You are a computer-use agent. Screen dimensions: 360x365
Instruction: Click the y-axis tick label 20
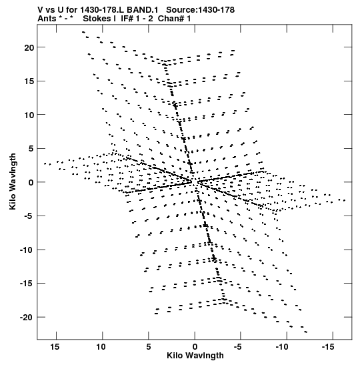(29, 47)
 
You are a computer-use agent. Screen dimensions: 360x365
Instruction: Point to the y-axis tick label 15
(29, 81)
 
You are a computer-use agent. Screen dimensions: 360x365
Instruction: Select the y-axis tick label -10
(27, 250)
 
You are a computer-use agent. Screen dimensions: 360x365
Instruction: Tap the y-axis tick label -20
(27, 318)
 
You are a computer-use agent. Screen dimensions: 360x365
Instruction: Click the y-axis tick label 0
(31, 183)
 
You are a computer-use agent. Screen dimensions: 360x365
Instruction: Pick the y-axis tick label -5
(29, 216)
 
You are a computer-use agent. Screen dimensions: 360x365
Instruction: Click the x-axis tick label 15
(55, 347)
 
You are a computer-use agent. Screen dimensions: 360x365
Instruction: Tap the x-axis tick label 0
(195, 347)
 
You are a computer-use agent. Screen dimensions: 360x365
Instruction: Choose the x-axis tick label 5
(149, 347)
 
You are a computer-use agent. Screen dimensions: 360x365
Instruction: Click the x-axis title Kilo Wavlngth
(195, 356)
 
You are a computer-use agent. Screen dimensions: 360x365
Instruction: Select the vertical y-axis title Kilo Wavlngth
(13, 181)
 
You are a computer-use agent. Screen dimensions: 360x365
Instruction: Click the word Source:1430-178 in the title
(201, 10)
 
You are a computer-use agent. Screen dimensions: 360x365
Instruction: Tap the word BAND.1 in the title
(143, 10)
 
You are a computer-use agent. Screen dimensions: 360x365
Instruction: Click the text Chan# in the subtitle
(171, 19)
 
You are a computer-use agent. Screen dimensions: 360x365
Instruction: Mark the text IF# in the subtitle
(127, 19)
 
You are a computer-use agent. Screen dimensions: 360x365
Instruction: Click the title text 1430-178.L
(103, 10)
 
